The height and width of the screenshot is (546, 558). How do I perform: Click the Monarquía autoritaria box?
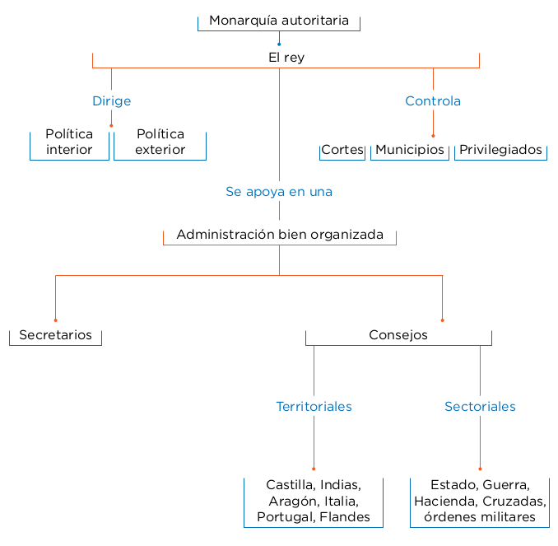(279, 21)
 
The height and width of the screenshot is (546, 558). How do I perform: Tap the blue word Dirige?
(111, 101)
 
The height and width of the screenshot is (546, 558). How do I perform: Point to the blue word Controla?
(433, 101)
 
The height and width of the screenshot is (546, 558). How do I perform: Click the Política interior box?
(69, 142)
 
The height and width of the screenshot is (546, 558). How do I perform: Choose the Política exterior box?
(160, 142)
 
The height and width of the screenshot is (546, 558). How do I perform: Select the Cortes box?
(342, 150)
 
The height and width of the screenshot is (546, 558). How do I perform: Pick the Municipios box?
(410, 150)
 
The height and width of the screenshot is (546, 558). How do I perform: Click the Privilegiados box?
(500, 150)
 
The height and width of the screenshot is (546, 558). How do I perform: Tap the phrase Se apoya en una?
(279, 192)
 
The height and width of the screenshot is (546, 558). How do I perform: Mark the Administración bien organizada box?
(280, 235)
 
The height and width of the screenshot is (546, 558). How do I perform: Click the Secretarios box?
(55, 335)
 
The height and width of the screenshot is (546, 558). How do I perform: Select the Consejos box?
(398, 335)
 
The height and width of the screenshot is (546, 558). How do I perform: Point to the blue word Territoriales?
(314, 407)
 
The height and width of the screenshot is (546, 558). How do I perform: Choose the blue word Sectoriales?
(480, 407)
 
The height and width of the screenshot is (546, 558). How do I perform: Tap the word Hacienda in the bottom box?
(444, 501)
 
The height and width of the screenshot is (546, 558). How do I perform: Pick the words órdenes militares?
(479, 517)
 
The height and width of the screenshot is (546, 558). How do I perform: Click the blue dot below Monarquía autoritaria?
(279, 44)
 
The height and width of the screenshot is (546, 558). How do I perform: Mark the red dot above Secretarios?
(55, 320)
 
